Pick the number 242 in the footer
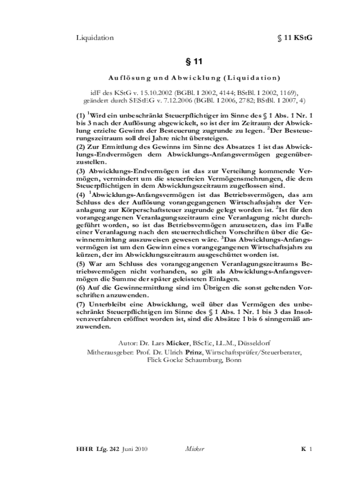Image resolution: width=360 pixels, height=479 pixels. pos(114,450)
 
